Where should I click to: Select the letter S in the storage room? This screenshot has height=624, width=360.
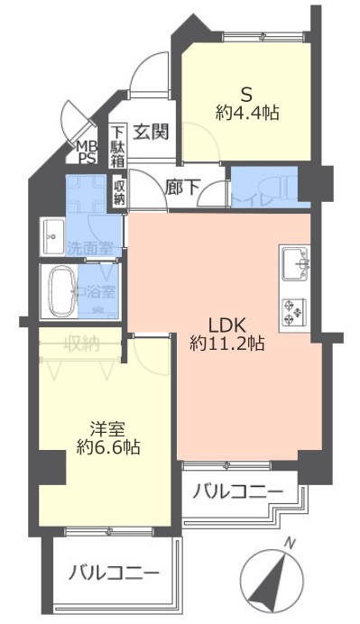[245, 92]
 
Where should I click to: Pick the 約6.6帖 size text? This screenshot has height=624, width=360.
[107, 446]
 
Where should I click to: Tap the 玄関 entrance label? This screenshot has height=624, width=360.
[152, 132]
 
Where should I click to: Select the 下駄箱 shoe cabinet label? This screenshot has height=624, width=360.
[118, 144]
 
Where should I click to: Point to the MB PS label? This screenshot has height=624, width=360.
[87, 152]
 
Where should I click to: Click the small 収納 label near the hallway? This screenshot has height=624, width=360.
[119, 191]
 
